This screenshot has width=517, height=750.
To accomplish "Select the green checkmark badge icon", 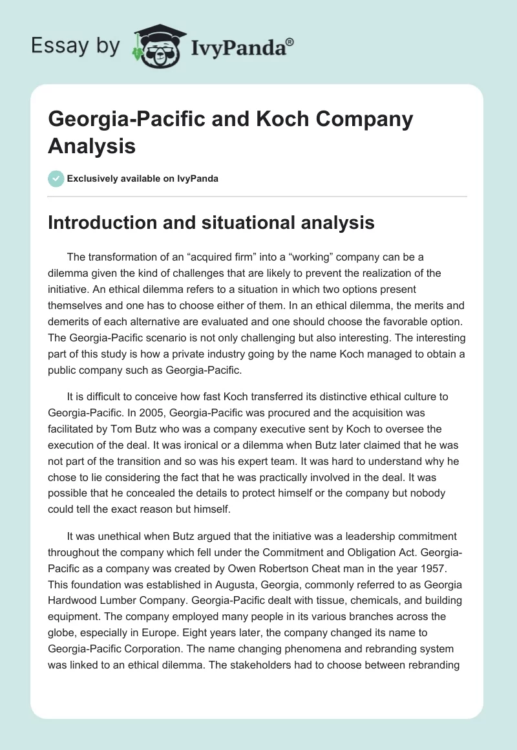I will coord(56,178).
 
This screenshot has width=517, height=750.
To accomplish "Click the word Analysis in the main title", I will coord(92,145).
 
